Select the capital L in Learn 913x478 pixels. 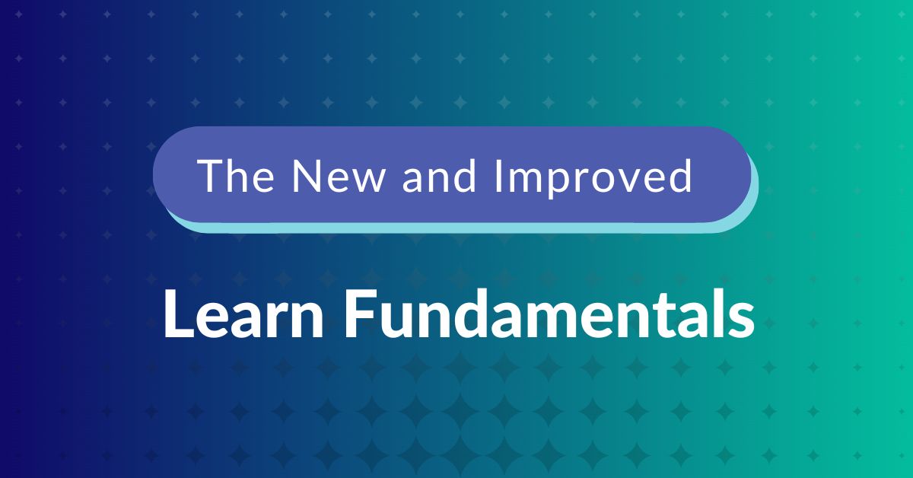[x=174, y=314]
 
